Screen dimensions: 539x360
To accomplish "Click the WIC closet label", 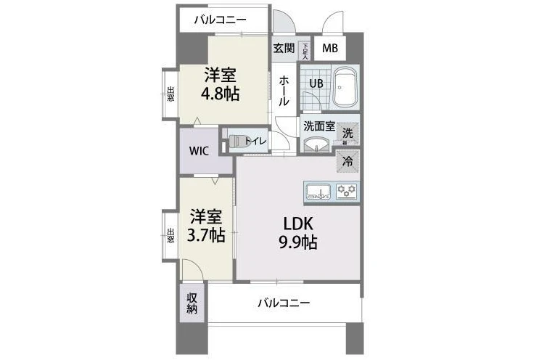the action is (x=199, y=150).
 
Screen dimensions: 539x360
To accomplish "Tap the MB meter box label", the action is (x=330, y=48).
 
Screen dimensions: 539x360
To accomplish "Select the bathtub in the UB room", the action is (x=345, y=87).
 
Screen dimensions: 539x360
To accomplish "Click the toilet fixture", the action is (x=237, y=142).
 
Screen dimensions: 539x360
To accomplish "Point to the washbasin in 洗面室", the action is (x=315, y=144).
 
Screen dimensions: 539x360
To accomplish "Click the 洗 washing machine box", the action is (x=347, y=133).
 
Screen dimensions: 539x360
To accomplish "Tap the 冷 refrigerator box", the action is (x=348, y=161).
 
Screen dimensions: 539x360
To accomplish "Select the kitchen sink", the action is (x=318, y=192).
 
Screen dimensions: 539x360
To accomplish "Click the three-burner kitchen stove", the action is (x=347, y=191).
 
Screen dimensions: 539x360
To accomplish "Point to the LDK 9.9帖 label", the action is (x=298, y=233).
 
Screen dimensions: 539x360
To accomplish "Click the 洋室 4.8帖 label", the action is (x=221, y=85).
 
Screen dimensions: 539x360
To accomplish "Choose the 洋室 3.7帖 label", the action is (x=206, y=226).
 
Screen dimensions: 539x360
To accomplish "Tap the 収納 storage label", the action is (x=192, y=303).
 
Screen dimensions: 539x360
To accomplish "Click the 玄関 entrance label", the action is (x=284, y=48).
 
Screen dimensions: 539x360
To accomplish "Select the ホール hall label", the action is (x=284, y=91).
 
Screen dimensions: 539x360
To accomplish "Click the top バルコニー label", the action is (x=221, y=20).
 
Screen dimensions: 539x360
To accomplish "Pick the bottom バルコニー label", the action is (x=284, y=303).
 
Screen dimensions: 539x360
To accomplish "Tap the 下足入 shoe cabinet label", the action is (x=305, y=51).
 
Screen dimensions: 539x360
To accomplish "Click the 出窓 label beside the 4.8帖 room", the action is (x=170, y=94).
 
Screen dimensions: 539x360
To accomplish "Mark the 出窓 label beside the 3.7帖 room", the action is (x=170, y=236).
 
